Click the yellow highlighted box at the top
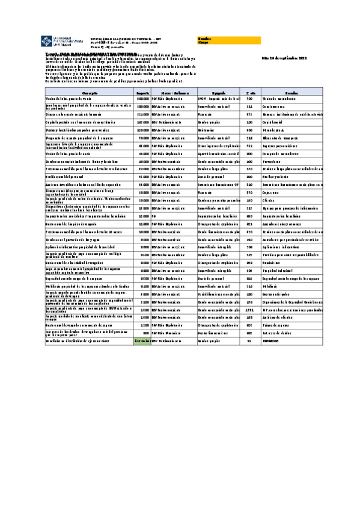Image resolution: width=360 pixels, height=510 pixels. click(229, 40)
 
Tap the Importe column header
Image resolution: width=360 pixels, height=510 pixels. click(142, 94)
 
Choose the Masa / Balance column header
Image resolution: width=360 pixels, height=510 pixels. click(174, 94)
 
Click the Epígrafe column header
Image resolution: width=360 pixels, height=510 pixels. click(218, 94)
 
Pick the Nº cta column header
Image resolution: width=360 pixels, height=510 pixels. click(250, 94)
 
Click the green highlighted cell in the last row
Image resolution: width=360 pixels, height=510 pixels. click(142, 341)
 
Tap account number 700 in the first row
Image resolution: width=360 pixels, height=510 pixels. click(249, 98)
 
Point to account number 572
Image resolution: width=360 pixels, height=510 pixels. click(249, 114)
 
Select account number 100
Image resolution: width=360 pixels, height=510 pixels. click(249, 121)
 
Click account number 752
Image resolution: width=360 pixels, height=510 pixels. click(249, 145)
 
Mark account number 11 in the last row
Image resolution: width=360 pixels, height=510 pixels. click(249, 341)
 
